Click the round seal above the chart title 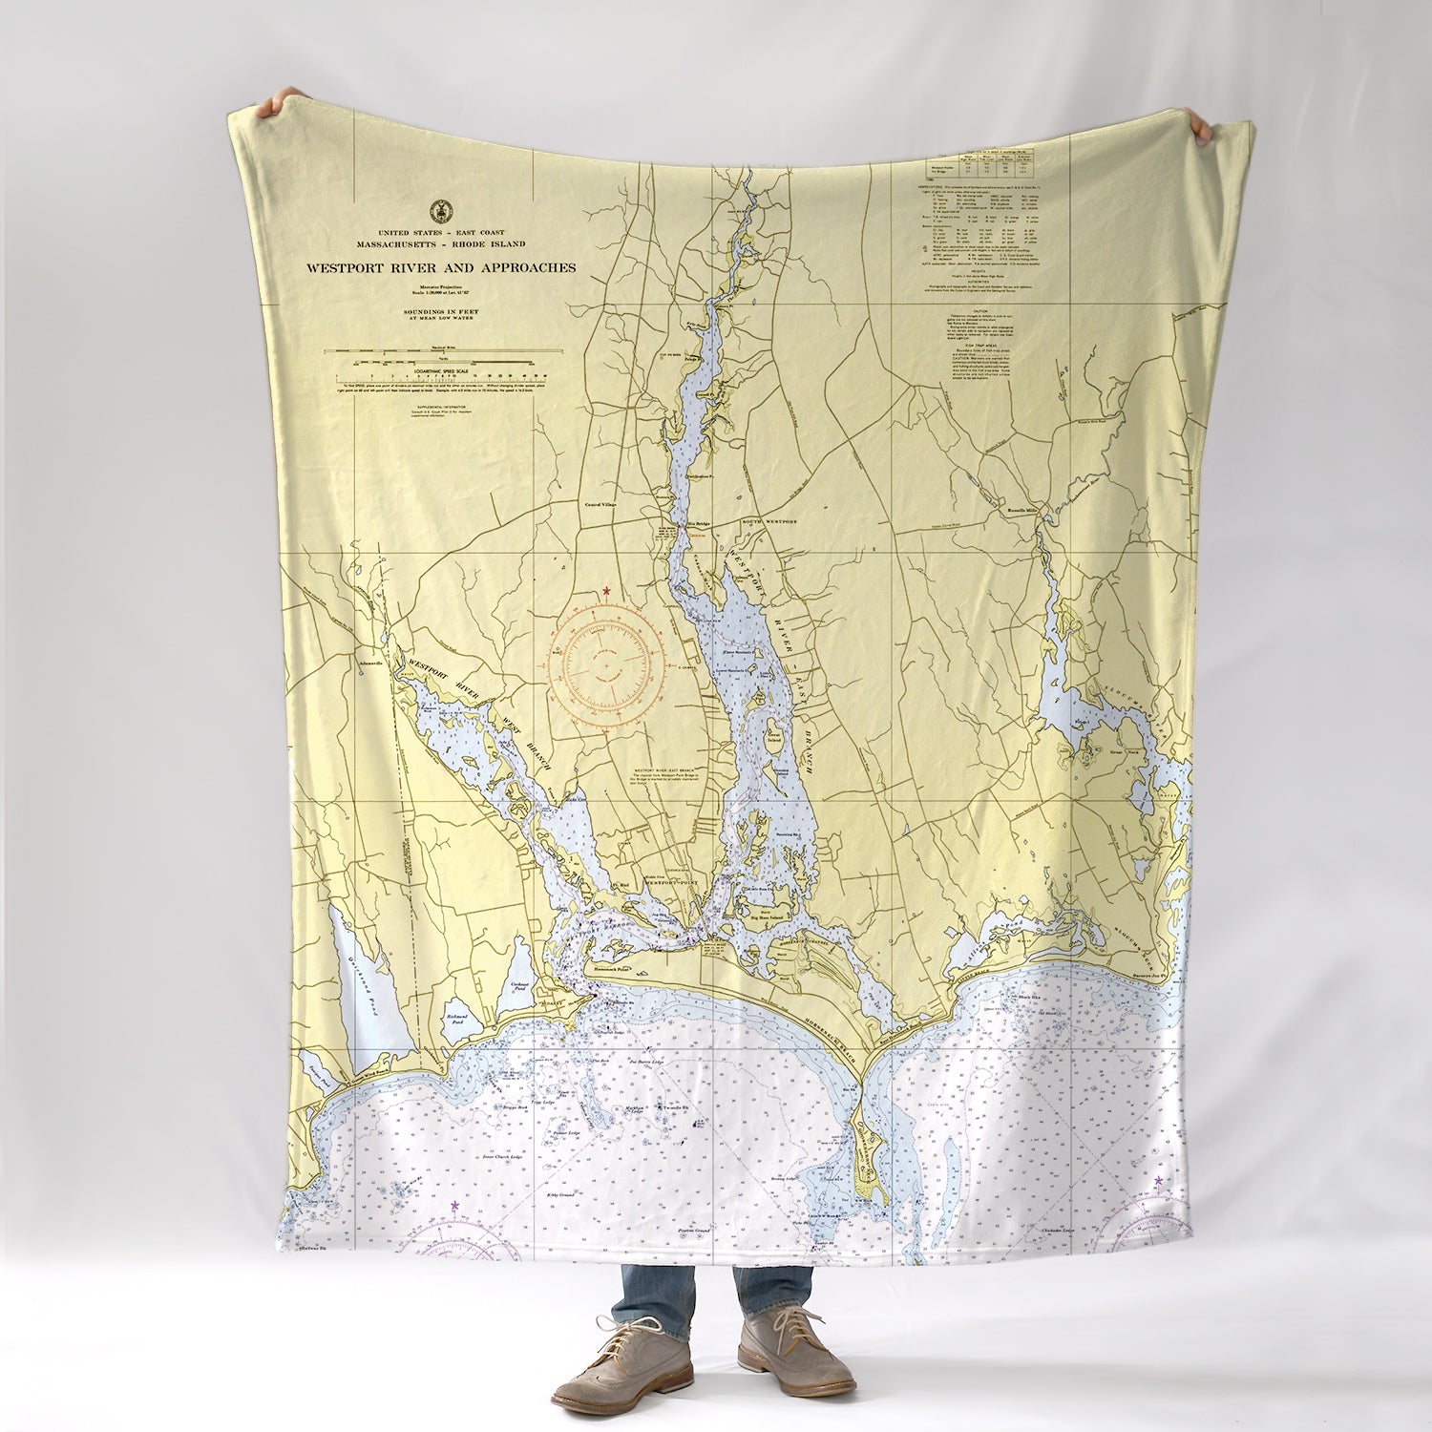click(x=440, y=209)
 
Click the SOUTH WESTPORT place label click(x=769, y=523)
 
